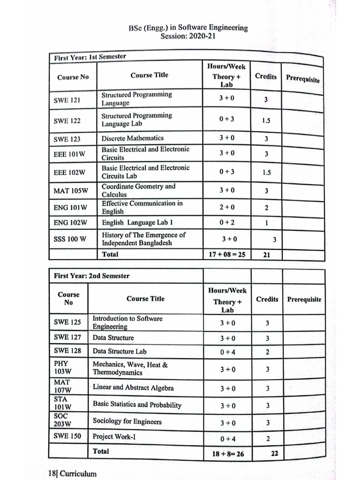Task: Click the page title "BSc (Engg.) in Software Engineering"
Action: tap(188, 28)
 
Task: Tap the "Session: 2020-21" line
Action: tap(188, 36)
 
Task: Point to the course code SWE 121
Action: tap(67, 100)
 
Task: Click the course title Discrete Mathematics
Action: tap(133, 138)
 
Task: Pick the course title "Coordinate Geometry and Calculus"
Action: tap(138, 190)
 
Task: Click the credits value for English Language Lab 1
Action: tap(267, 223)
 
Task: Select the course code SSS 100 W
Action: tap(70, 239)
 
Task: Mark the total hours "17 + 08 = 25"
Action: tap(227, 255)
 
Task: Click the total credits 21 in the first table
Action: tap(267, 255)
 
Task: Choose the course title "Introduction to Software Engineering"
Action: tap(127, 322)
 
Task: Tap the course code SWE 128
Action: tap(67, 351)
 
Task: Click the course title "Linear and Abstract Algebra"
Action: tap(133, 388)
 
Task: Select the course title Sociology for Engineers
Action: tap(127, 421)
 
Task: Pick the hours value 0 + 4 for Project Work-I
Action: tap(228, 439)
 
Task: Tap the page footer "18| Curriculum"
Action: tap(72, 473)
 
